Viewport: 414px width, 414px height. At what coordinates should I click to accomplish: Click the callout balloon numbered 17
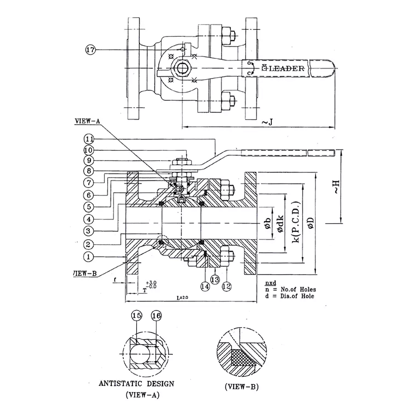tap(91, 50)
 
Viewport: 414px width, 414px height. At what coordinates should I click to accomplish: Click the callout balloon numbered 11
tap(90, 139)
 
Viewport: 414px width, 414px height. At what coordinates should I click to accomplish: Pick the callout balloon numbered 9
tap(90, 161)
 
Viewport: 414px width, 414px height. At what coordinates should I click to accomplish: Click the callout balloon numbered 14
tap(205, 286)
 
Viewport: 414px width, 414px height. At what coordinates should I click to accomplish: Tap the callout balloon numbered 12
tap(226, 286)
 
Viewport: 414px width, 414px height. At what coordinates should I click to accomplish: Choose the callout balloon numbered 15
tap(136, 316)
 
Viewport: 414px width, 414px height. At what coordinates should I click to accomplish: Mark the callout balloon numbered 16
tap(156, 316)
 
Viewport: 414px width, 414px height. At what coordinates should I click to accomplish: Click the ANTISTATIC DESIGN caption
tap(136, 383)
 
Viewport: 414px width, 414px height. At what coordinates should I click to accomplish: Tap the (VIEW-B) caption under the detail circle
tap(241, 387)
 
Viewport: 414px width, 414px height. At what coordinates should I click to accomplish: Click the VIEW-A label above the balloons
tap(87, 121)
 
